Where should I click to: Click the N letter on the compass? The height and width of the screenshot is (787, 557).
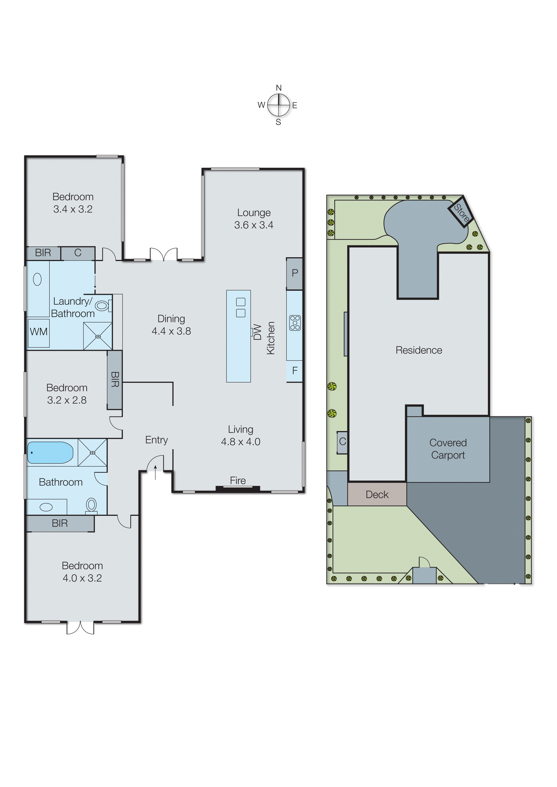pyautogui.click(x=279, y=88)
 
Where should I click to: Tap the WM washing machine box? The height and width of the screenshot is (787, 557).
pyautogui.click(x=38, y=332)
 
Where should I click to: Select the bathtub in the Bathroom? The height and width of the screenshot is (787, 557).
pyautogui.click(x=50, y=452)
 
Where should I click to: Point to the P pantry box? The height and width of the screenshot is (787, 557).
pyautogui.click(x=295, y=273)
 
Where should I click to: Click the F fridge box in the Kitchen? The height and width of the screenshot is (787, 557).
pyautogui.click(x=295, y=371)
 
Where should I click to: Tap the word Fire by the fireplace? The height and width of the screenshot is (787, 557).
pyautogui.click(x=238, y=481)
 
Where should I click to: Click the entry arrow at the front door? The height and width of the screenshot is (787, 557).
pyautogui.click(x=155, y=472)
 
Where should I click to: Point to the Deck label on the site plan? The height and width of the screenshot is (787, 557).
pyautogui.click(x=377, y=495)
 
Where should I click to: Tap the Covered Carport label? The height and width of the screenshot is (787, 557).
pyautogui.click(x=448, y=449)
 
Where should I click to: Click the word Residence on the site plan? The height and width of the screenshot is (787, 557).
pyautogui.click(x=419, y=350)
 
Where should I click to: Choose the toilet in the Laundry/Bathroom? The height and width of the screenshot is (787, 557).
pyautogui.click(x=102, y=305)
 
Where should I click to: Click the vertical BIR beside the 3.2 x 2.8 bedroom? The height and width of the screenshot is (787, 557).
pyautogui.click(x=115, y=380)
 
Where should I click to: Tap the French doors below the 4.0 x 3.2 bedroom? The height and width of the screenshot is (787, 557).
pyautogui.click(x=80, y=628)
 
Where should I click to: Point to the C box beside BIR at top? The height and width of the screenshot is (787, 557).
pyautogui.click(x=78, y=253)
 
